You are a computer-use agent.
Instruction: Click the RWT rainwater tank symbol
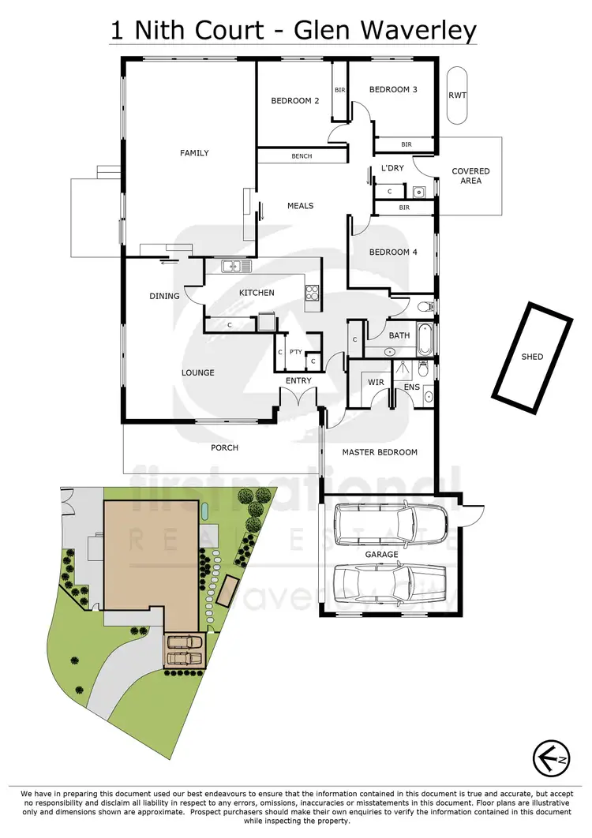point(457,95)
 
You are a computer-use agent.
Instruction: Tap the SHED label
point(533,357)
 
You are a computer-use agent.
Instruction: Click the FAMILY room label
point(194,153)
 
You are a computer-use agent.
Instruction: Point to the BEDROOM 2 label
point(295,101)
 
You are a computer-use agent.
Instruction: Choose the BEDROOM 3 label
point(394,90)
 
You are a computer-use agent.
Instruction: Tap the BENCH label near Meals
point(302,156)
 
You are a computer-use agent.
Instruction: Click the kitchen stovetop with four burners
point(312,293)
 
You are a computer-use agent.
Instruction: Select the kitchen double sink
point(231,266)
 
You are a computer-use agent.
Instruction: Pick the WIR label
point(376,383)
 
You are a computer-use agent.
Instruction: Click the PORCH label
point(224,448)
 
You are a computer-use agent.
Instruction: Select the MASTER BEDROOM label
point(380,453)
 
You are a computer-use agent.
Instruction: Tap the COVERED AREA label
point(470,176)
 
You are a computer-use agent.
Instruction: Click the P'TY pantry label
point(297,354)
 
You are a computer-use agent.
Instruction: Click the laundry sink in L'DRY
point(418,192)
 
